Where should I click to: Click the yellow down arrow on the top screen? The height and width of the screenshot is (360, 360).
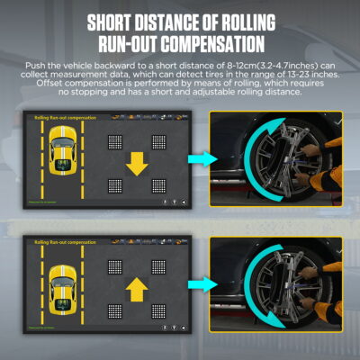[x=136, y=163]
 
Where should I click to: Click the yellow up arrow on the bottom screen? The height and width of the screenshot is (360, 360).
[x=136, y=286]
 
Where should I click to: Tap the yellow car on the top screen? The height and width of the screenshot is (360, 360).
[x=61, y=148]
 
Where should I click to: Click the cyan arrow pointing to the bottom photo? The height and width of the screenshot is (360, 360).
[x=196, y=285]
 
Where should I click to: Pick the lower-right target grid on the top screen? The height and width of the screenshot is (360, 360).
[x=157, y=186]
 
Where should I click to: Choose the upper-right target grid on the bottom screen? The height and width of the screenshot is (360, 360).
[x=157, y=266]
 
